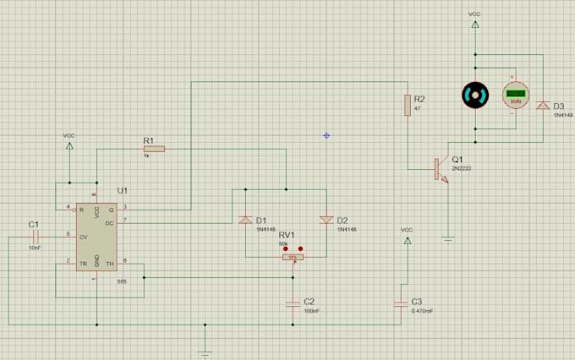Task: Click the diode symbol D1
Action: click(245, 220)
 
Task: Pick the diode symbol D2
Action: click(326, 220)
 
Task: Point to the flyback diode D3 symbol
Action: click(541, 106)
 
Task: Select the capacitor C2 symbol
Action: click(293, 301)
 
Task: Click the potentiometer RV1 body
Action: click(293, 258)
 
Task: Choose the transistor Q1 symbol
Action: click(441, 169)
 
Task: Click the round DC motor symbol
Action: click(474, 95)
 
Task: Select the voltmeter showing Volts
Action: click(516, 95)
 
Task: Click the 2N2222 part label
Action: click(460, 170)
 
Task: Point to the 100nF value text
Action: click(312, 311)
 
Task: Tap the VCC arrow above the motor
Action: click(474, 25)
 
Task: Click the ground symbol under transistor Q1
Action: click(448, 239)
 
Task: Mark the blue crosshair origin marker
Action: click(326, 135)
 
